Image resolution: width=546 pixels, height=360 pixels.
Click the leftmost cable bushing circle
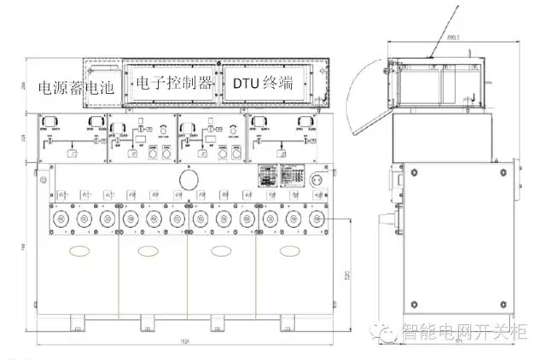click(x=61, y=219)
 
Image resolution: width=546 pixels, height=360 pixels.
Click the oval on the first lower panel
click(x=79, y=252)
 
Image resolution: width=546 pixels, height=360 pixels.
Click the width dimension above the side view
click(x=453, y=38)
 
